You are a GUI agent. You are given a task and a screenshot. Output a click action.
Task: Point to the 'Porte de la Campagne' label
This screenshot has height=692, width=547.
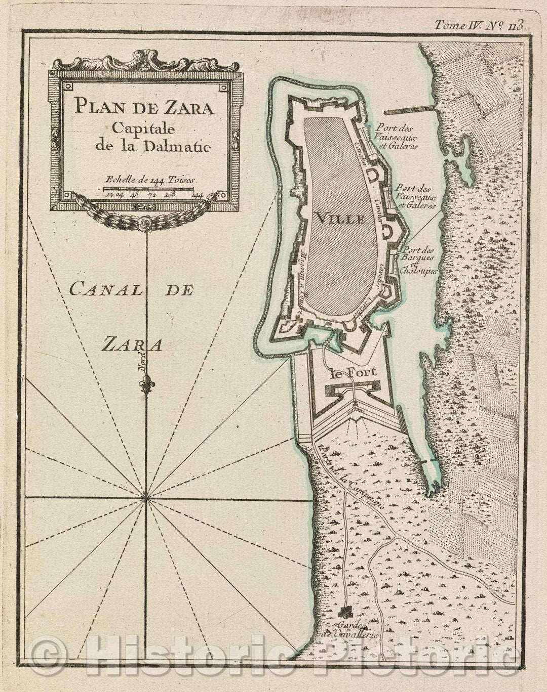[x=348, y=475]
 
